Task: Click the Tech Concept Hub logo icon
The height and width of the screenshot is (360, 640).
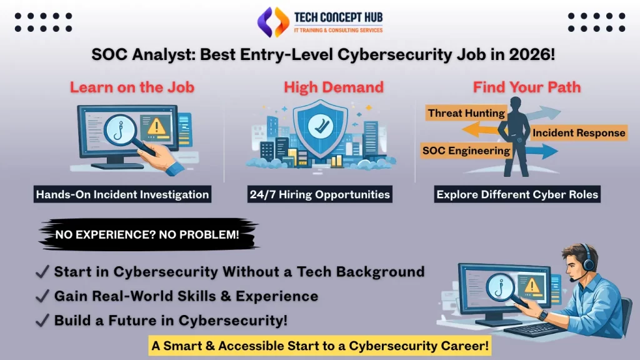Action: [272, 22]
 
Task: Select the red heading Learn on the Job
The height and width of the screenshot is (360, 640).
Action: [132, 87]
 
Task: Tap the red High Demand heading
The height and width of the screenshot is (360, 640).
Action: [334, 87]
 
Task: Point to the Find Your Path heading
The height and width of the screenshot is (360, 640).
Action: [526, 87]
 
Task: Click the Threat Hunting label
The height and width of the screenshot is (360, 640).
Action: [466, 113]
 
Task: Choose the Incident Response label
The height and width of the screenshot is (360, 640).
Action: [579, 132]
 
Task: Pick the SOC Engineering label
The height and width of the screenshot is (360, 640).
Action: [466, 151]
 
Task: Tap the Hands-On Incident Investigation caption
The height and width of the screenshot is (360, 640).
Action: [122, 194]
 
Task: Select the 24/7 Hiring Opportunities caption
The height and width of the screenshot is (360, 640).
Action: [319, 194]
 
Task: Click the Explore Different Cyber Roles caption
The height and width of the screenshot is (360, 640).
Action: [517, 194]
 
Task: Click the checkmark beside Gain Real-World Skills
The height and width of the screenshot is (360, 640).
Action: [43, 296]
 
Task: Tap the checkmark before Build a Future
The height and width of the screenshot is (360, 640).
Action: [43, 321]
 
